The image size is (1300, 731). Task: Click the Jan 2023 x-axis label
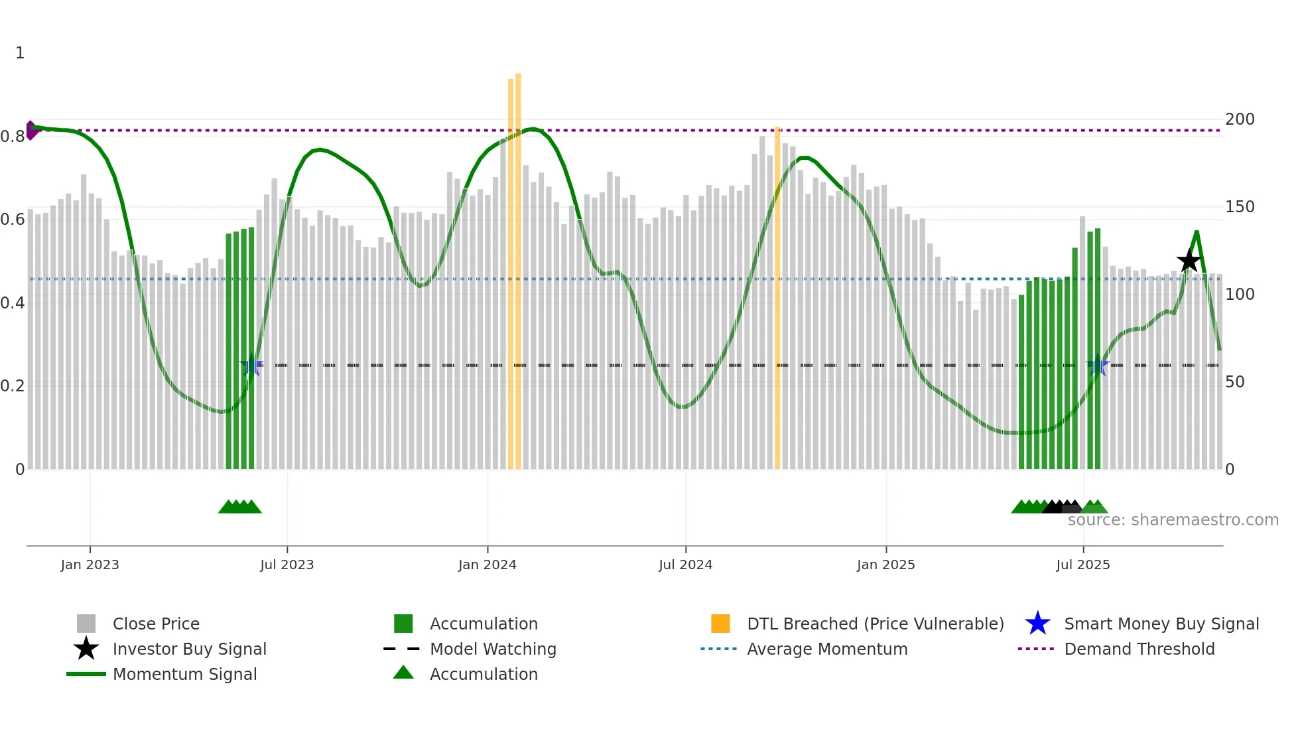coord(90,565)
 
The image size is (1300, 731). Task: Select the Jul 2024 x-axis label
coord(685,565)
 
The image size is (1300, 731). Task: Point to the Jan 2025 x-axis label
coord(885,565)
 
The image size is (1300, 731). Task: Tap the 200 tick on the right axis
coord(1240,119)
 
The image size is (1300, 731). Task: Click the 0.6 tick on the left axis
coord(13,220)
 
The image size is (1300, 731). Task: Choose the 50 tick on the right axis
coord(1235,382)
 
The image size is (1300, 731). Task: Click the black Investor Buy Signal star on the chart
coord(1189,261)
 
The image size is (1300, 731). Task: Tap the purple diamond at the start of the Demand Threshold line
coord(31,130)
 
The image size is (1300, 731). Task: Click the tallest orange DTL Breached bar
coord(518,265)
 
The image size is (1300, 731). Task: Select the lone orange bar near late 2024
coord(777,299)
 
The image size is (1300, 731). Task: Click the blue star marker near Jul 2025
coord(1097,365)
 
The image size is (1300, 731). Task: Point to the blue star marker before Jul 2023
coord(251,365)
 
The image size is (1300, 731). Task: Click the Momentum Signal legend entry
coord(184,674)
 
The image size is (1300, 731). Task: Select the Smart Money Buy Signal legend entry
coord(1161,624)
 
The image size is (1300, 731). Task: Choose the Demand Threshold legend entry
coord(1139,649)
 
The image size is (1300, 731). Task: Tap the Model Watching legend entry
coord(492,649)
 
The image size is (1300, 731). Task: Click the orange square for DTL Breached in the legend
coord(720,624)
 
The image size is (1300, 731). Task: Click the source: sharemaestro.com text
coord(1173,520)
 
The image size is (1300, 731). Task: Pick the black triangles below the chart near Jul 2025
coord(1061,507)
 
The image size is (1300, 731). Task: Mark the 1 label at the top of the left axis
coord(20,53)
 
